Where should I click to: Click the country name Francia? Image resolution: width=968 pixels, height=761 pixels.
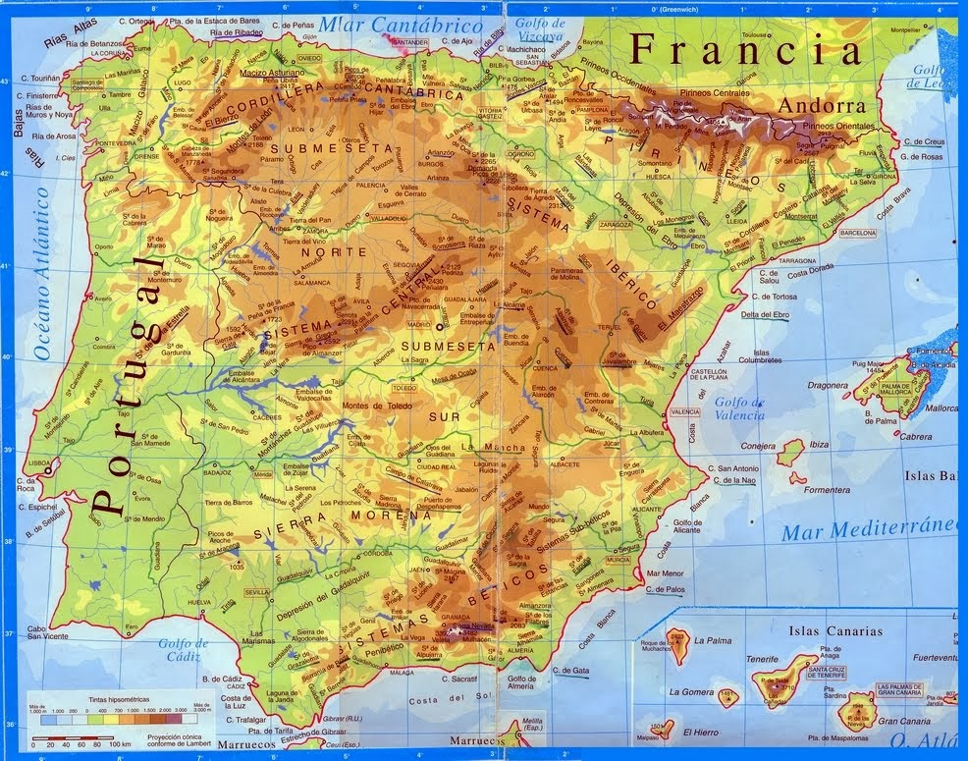coord(746,47)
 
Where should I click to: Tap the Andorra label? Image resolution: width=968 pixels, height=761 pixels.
coord(822,105)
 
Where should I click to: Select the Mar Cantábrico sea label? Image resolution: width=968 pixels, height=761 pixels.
coord(403,26)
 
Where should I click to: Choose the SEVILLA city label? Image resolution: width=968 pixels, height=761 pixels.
coord(257,593)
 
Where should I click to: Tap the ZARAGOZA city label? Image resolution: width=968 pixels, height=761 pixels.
coord(615,224)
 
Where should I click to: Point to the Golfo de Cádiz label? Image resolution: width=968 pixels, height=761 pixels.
coord(184,650)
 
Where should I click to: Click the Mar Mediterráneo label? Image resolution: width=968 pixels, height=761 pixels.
coord(872,530)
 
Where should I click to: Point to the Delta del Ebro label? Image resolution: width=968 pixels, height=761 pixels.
coord(765,314)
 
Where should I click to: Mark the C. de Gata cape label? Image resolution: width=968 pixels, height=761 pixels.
coord(574,671)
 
